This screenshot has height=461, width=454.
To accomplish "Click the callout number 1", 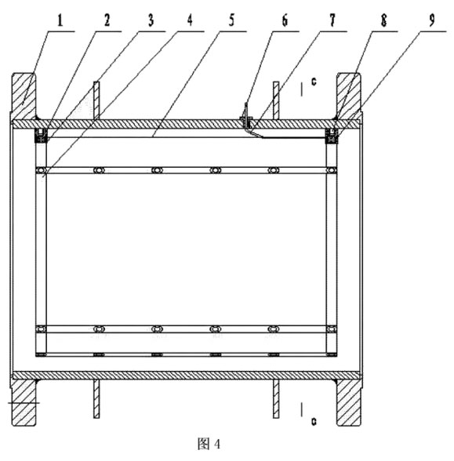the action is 60,21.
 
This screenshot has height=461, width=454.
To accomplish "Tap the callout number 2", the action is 107,20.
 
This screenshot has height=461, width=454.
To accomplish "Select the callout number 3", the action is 151,20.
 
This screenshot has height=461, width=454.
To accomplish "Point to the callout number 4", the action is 190,20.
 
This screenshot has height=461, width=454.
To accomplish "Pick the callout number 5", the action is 231,20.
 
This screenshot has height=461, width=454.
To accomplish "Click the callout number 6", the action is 285,20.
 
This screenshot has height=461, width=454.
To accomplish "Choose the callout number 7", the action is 332,20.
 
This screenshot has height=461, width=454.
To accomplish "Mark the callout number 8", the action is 383,20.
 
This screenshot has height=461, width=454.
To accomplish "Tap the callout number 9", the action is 431,20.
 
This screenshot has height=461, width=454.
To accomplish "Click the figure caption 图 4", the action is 209,444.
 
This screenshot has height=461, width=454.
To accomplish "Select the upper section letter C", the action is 314,82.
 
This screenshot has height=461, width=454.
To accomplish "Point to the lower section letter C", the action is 314,422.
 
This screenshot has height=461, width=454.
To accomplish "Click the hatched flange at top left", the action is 24,96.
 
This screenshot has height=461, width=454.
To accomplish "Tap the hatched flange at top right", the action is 349,96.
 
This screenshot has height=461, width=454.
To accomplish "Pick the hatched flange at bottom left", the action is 24,403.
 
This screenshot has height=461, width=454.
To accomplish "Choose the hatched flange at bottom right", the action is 349,403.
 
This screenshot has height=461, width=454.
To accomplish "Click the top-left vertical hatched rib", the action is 96,100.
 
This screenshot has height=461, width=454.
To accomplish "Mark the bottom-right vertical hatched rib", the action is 276,398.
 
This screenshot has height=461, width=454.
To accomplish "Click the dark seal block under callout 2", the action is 41,136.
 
